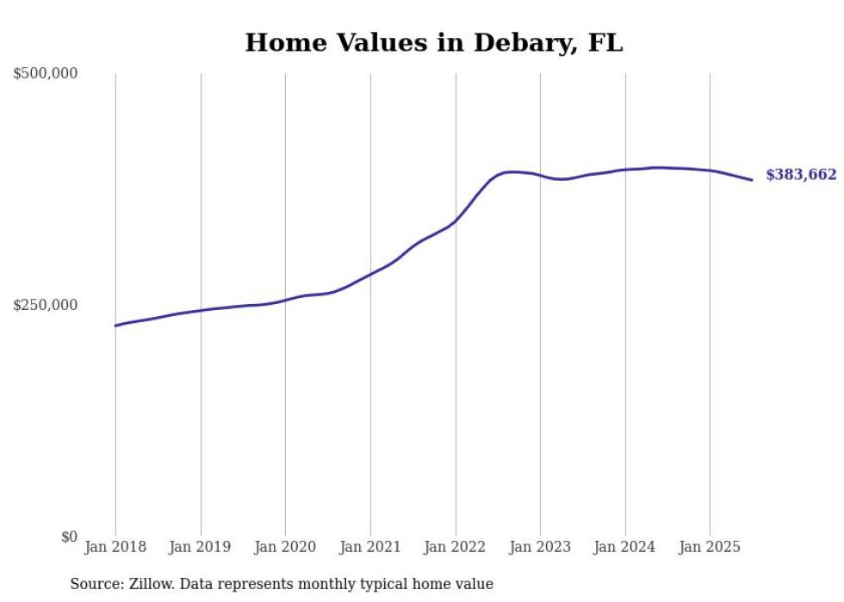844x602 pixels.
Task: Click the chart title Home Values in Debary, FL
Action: [x=433, y=42]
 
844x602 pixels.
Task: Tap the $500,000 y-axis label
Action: [x=45, y=74]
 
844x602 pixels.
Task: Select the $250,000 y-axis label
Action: [x=45, y=305]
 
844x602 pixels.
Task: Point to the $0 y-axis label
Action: [x=69, y=537]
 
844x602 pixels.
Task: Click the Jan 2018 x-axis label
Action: [x=115, y=547]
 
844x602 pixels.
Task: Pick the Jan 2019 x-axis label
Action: [x=201, y=547]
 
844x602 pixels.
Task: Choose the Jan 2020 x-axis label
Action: [x=285, y=547]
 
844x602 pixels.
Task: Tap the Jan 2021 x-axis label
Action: [x=370, y=547]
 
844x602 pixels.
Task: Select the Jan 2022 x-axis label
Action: [x=456, y=547]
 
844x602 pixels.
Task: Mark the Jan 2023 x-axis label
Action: [x=540, y=547]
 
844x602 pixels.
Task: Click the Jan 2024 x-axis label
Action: [x=625, y=547]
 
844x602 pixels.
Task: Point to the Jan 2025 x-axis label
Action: [x=710, y=547]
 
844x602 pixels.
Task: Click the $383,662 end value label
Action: [x=800, y=176]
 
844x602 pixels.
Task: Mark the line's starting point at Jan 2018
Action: [x=115, y=326]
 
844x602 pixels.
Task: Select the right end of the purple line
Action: [x=753, y=180]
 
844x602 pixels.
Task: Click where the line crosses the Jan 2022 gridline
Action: [x=456, y=220]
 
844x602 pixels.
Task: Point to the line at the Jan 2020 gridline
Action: [x=285, y=300]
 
